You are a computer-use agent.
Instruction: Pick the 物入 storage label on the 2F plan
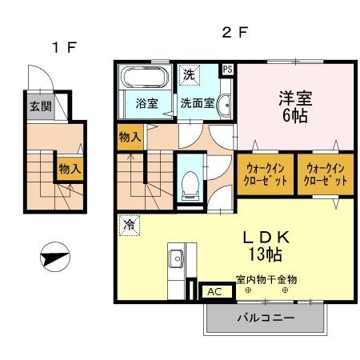(x=130, y=137)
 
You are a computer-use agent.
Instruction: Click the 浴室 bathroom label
(x=146, y=102)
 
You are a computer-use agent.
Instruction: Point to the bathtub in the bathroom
(x=145, y=78)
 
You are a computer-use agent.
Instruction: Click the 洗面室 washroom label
(x=197, y=102)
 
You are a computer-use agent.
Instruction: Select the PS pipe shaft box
(x=228, y=70)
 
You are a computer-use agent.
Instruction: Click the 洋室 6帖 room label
(x=295, y=105)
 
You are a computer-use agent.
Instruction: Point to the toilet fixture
(x=190, y=185)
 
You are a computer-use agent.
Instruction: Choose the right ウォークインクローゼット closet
(x=324, y=174)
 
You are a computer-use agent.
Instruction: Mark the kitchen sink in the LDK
(x=175, y=260)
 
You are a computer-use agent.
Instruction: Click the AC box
(x=214, y=291)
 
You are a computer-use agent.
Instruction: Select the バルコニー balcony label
(x=266, y=318)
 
